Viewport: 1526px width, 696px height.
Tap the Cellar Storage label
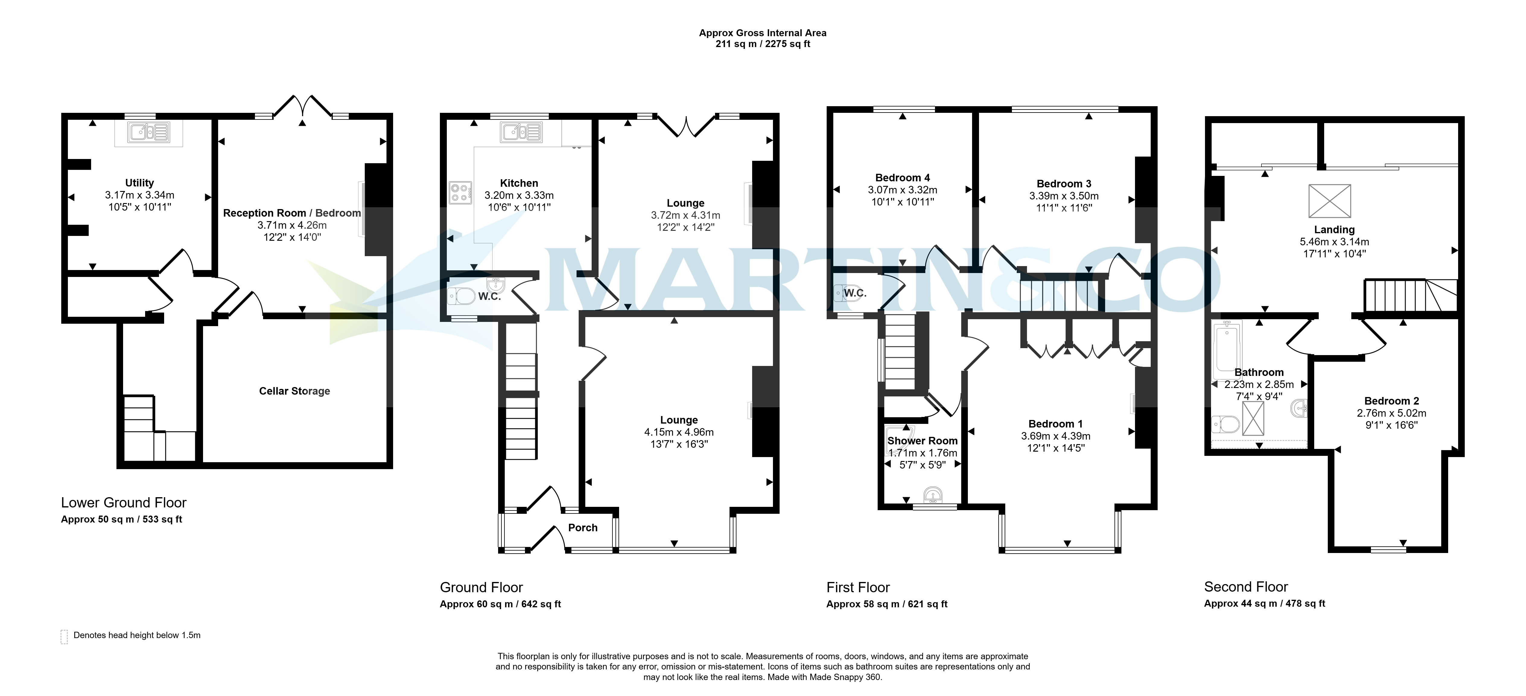pos(294,391)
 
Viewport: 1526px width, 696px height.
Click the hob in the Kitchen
pos(460,192)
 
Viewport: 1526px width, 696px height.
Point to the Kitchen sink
pos(521,132)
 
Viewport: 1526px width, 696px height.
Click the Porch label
pos(583,528)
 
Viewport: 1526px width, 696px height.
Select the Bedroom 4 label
pos(902,178)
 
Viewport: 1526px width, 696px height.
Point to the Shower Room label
pos(922,441)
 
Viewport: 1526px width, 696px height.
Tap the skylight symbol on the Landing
pos(1330,201)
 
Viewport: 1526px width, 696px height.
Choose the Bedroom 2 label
pos(1391,401)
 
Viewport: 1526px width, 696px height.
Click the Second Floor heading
pos(1246,587)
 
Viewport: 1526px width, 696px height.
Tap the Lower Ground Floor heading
pos(124,503)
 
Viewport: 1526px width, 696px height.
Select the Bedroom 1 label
pos(1056,424)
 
